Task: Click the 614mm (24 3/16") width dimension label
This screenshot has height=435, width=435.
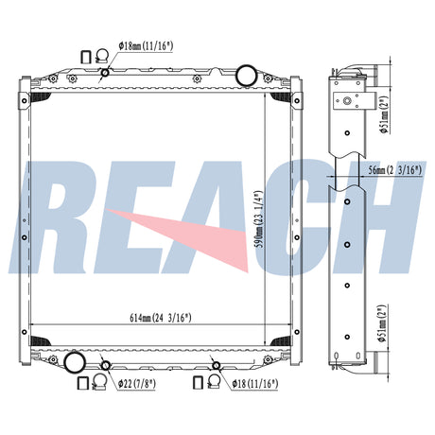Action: point(161,318)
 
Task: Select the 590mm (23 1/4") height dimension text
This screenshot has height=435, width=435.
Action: point(259,218)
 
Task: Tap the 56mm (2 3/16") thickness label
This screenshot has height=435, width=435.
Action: point(395,170)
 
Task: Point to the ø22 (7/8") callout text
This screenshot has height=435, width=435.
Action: point(137,384)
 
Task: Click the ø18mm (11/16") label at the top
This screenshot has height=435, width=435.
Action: point(146,46)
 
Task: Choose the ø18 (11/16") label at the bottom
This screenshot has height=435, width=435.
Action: point(255,384)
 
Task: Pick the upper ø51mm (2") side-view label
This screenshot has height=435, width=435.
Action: point(384,114)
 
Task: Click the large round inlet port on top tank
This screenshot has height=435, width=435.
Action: point(247,75)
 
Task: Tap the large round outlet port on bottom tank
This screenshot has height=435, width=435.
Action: point(75,362)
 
